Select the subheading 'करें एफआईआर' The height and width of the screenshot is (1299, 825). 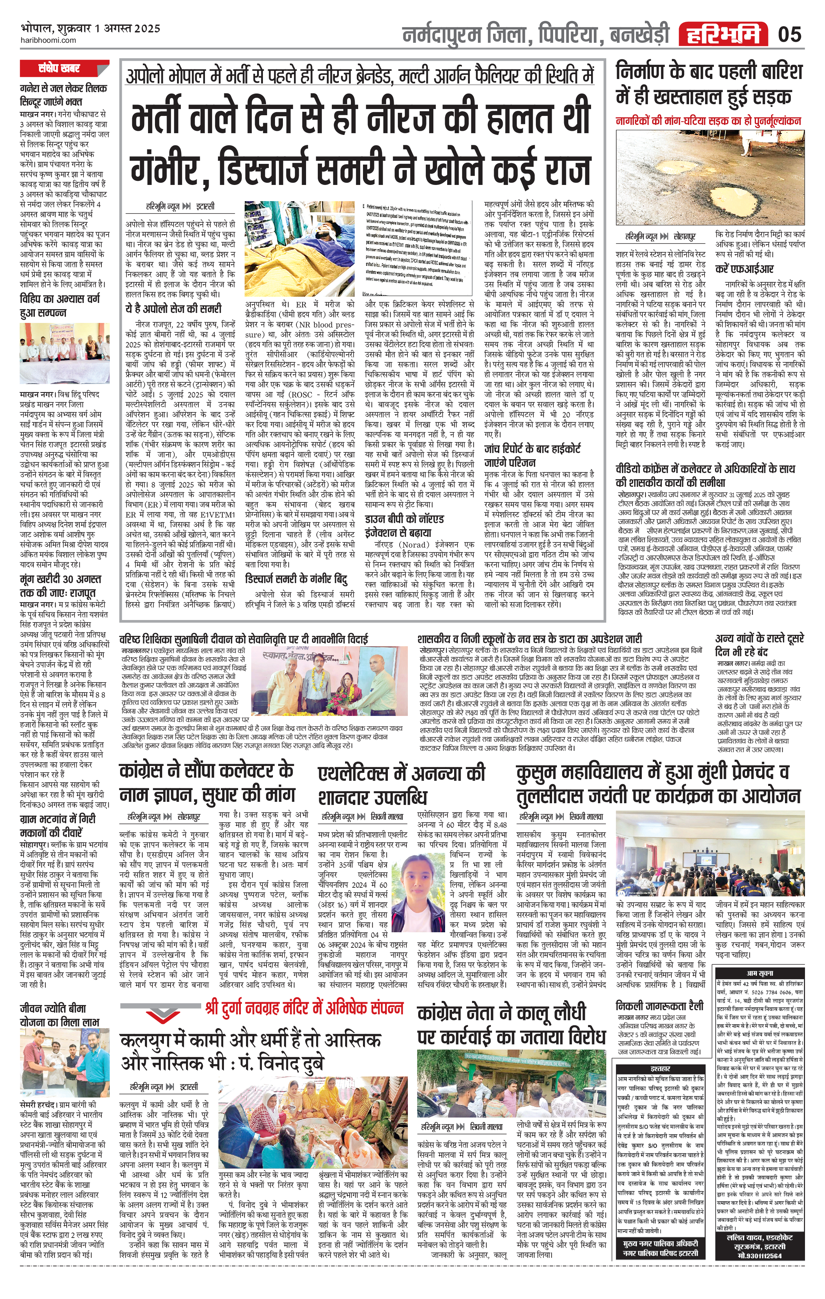click(744, 269)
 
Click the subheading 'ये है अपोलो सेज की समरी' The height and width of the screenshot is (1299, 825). click(173, 308)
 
